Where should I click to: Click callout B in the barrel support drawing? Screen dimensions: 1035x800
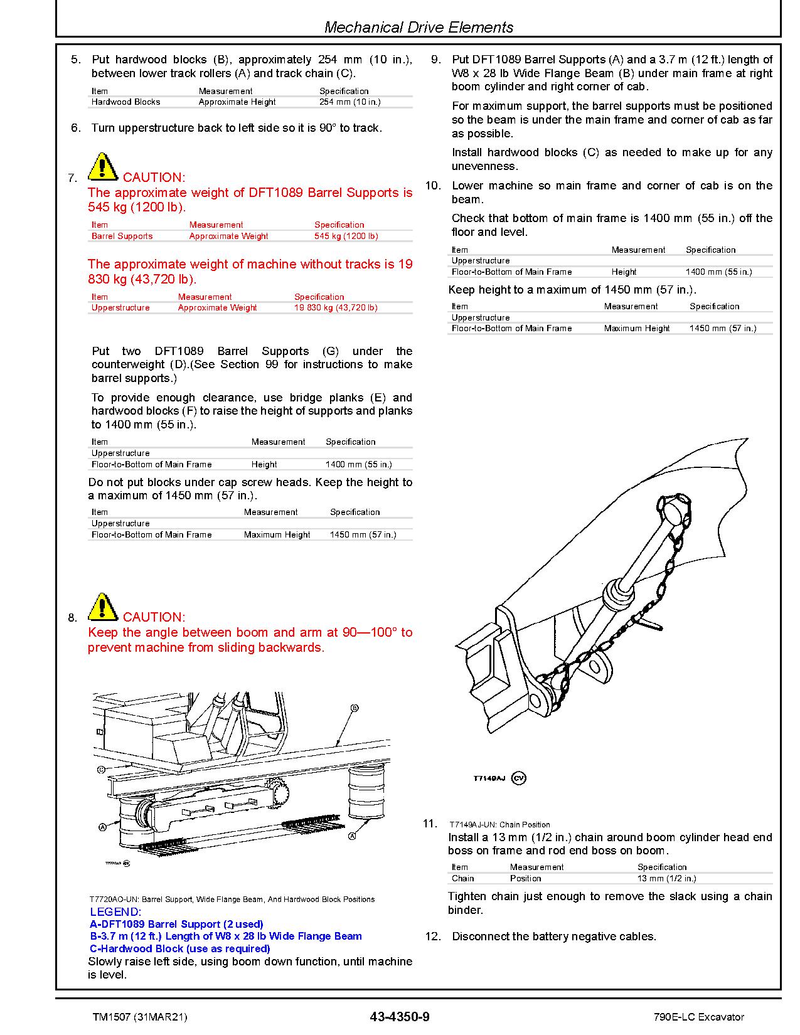tap(355, 708)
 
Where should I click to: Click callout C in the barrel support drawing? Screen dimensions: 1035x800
tap(101, 769)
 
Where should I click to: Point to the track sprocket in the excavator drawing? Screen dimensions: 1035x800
tap(277, 792)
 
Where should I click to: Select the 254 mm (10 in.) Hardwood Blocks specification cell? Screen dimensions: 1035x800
tap(349, 102)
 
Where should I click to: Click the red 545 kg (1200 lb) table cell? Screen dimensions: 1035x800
tap(346, 236)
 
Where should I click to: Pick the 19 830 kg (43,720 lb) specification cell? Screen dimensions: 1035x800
tap(336, 308)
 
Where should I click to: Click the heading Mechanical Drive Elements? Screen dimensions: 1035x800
tap(419, 28)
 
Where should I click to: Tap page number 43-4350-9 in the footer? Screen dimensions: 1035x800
tap(400, 1017)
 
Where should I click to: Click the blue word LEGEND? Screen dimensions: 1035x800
tap(115, 912)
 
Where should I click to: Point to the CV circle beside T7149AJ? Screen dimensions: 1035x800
tap(518, 778)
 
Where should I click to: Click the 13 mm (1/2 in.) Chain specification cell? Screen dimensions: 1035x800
tap(666, 878)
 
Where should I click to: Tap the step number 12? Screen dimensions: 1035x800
tap(433, 937)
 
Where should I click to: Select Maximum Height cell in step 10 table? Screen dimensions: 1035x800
tap(636, 328)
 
